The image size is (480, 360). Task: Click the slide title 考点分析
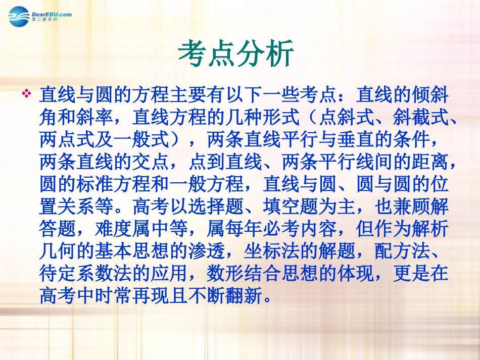236,54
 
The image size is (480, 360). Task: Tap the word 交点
161,162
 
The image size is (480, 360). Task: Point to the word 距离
424,162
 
